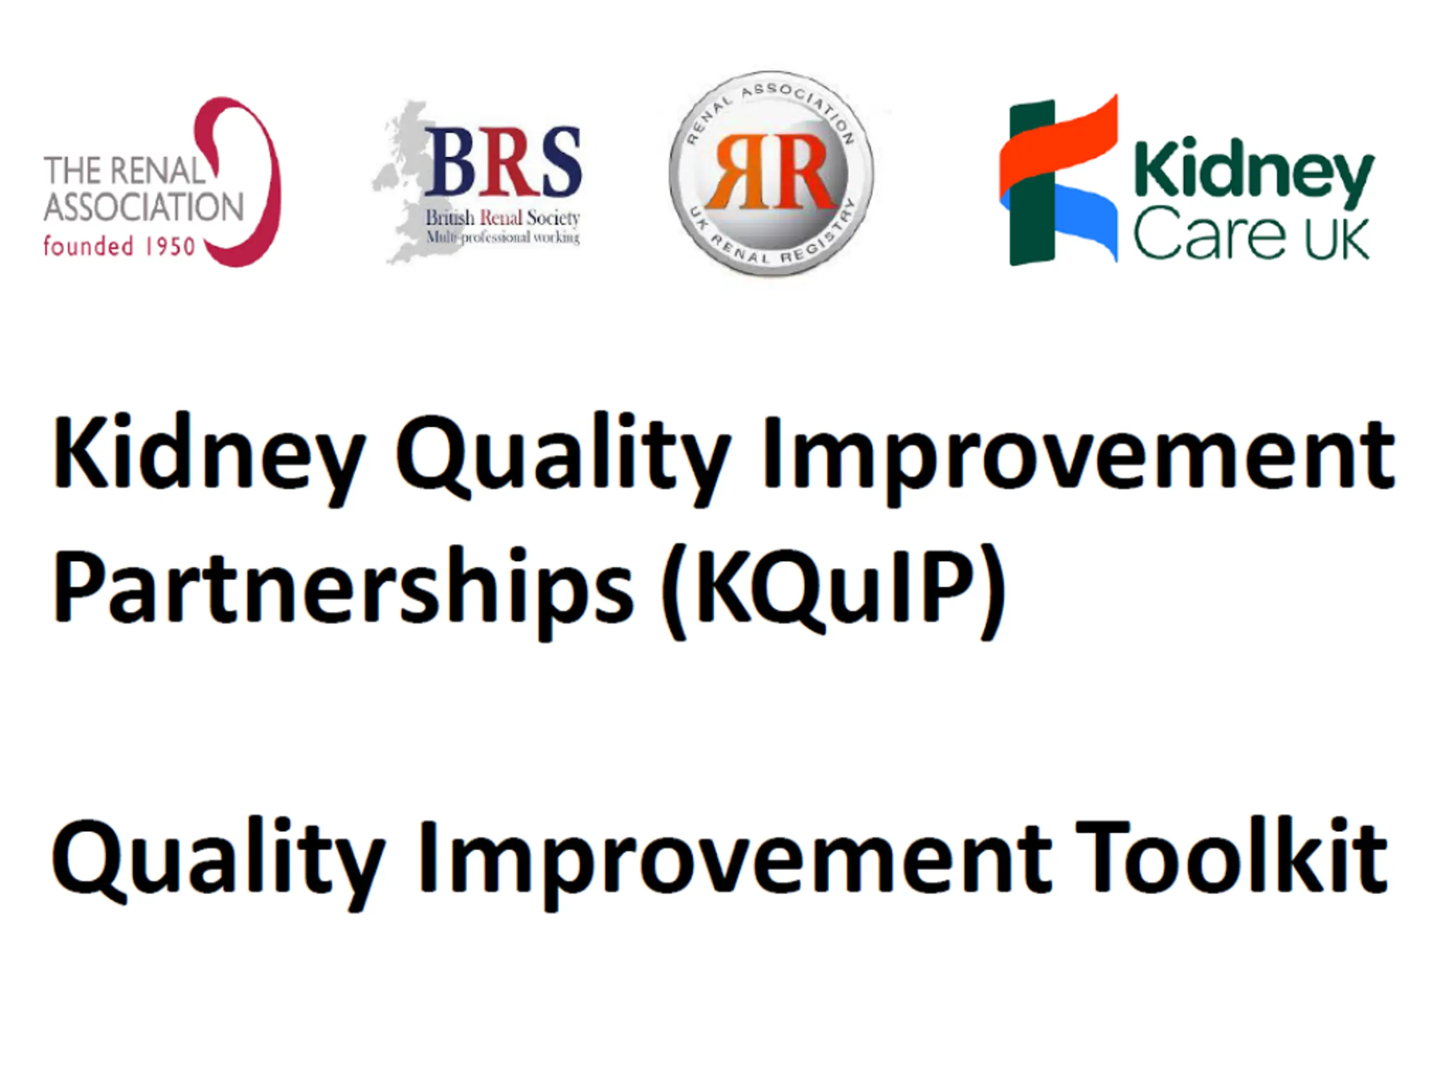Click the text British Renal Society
click(503, 217)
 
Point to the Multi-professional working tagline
click(503, 237)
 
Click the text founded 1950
click(119, 247)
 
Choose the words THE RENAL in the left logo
click(124, 171)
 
